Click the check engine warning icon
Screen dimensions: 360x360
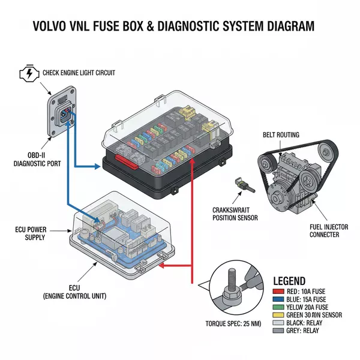click(28, 74)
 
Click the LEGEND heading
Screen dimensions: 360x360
click(289, 281)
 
